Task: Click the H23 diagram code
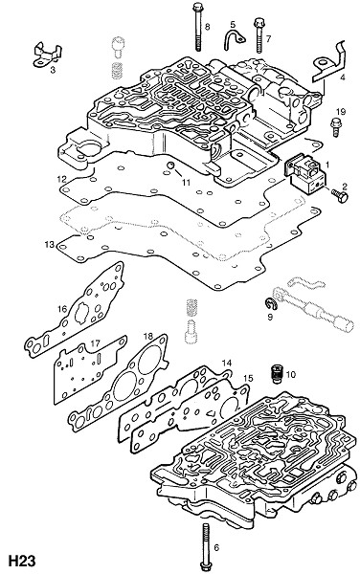[22, 561]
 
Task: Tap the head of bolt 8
[197, 7]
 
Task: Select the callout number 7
[268, 38]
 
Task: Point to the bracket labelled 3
[47, 55]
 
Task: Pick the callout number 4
[343, 77]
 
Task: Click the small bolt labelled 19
[335, 127]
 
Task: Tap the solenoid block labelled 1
[305, 173]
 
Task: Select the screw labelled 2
[340, 195]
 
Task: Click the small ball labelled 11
[170, 166]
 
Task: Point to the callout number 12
[61, 180]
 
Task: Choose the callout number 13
[50, 244]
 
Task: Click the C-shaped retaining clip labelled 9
[269, 303]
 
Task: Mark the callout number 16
[62, 309]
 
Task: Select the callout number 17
[95, 343]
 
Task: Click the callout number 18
[147, 336]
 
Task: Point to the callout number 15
[248, 378]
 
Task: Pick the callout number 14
[227, 364]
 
